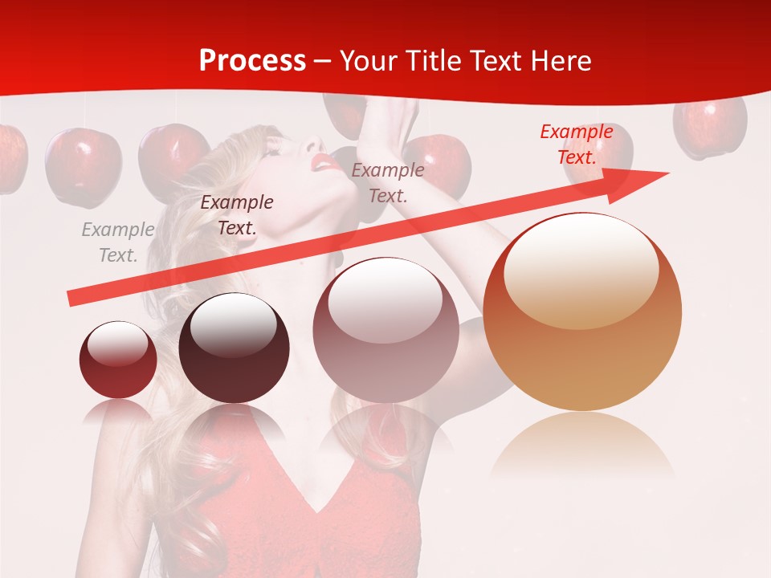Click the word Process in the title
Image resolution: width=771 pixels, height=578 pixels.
click(x=252, y=61)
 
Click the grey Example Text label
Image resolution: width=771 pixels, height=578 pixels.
click(x=118, y=242)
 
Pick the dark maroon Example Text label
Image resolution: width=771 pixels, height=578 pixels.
click(x=237, y=215)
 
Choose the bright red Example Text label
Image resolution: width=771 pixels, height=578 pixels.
click(x=577, y=144)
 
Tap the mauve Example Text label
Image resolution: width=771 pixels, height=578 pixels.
click(x=388, y=182)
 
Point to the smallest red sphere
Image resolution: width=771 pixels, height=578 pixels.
click(x=118, y=360)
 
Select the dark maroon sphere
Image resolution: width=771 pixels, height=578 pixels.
click(x=234, y=348)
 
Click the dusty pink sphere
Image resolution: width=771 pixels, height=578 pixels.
click(x=385, y=331)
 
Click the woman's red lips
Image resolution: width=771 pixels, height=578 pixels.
click(x=325, y=163)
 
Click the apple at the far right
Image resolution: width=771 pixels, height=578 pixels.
click(x=710, y=127)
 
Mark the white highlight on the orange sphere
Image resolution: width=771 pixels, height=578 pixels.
click(x=580, y=269)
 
